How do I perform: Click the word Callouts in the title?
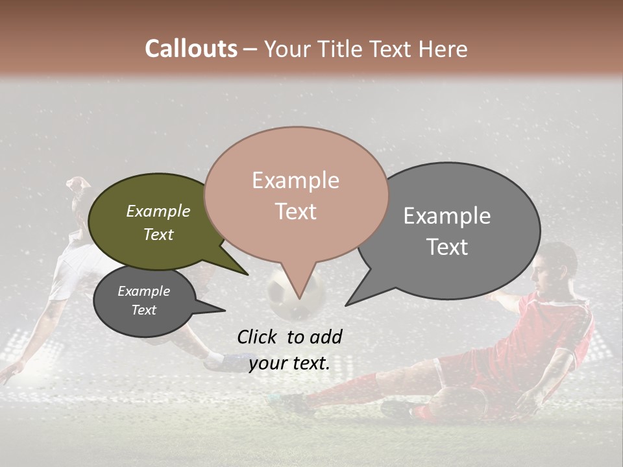[191, 49]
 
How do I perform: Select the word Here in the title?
[443, 49]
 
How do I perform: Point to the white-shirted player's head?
[79, 190]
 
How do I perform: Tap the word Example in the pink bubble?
[295, 180]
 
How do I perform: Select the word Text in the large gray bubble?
[447, 247]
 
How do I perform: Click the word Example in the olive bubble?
[158, 211]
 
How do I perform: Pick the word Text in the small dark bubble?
[143, 310]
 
